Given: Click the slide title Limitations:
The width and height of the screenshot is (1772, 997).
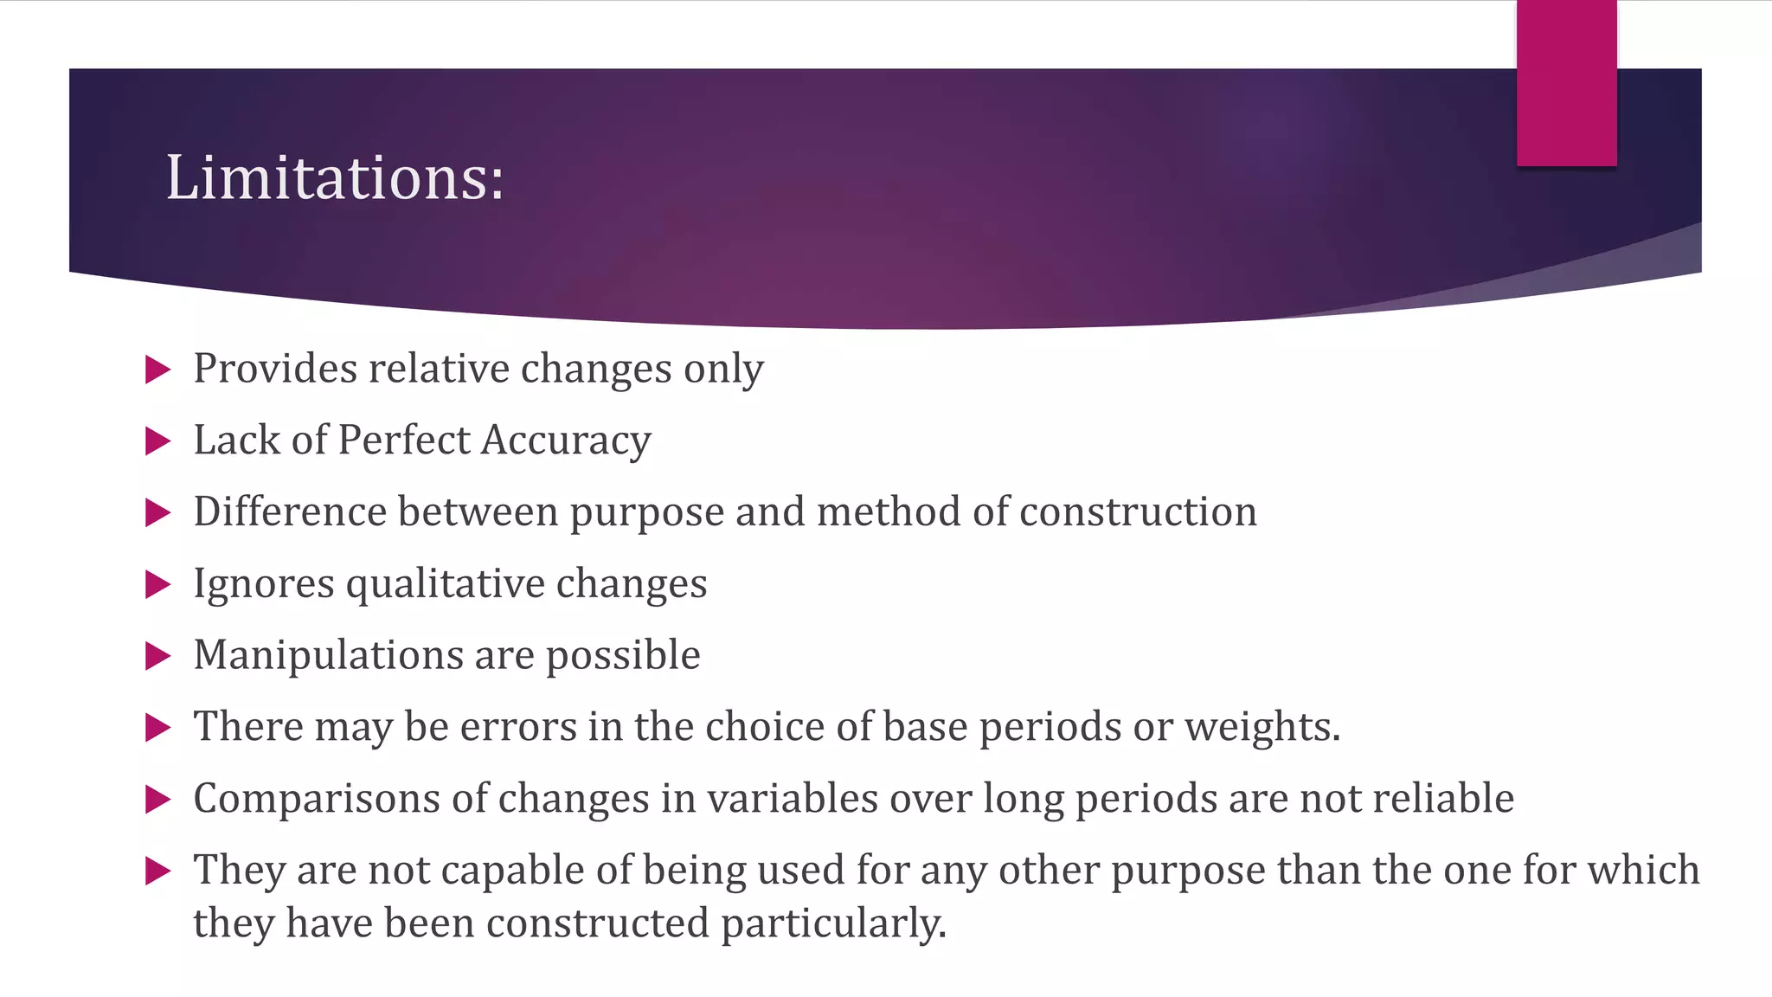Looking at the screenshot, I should (334, 177).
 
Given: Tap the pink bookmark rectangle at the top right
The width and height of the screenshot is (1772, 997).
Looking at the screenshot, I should (1566, 82).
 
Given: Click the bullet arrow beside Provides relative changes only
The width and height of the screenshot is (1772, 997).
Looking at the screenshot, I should (157, 370).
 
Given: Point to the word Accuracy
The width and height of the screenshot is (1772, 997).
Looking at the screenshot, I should (566, 441).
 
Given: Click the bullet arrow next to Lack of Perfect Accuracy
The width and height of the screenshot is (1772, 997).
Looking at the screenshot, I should (157, 441).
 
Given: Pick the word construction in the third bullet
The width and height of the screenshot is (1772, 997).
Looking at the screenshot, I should (1138, 511).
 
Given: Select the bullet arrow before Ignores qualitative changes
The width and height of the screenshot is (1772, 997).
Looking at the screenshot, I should (157, 585).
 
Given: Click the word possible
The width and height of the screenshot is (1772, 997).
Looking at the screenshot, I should (623, 655).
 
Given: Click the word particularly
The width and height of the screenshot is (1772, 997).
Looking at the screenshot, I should (833, 923).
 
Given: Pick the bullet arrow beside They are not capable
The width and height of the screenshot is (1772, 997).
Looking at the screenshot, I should (157, 871).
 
